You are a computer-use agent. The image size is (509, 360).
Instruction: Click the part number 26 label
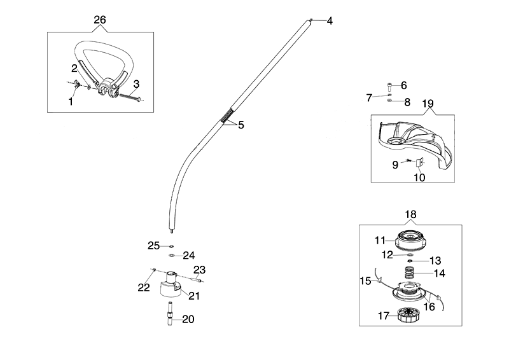tap(100, 20)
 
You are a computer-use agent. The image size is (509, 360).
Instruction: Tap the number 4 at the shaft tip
tap(330, 21)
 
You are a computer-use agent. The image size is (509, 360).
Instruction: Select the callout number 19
tap(428, 103)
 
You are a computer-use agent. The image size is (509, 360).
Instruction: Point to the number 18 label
tap(411, 215)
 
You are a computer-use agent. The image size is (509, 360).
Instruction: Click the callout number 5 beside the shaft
tap(241, 125)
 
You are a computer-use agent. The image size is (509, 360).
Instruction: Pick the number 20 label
tap(188, 319)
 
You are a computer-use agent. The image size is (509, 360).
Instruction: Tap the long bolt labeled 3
tap(127, 97)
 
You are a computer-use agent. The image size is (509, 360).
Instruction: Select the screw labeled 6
tap(389, 85)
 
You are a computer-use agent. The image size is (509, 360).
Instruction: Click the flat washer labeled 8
tap(389, 101)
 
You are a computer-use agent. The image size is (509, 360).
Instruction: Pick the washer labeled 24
tap(172, 256)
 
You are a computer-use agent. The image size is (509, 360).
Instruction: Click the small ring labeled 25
tap(171, 246)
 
